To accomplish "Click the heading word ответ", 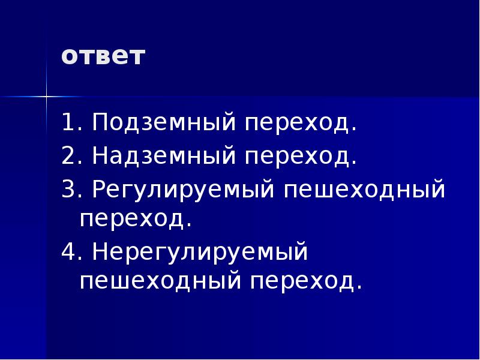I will click(x=103, y=57).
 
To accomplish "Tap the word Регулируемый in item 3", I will click(x=182, y=191).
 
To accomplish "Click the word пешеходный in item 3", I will click(x=365, y=191).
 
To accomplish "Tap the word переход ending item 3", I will click(x=136, y=219).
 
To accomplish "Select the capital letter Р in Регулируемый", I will click(x=98, y=191).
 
